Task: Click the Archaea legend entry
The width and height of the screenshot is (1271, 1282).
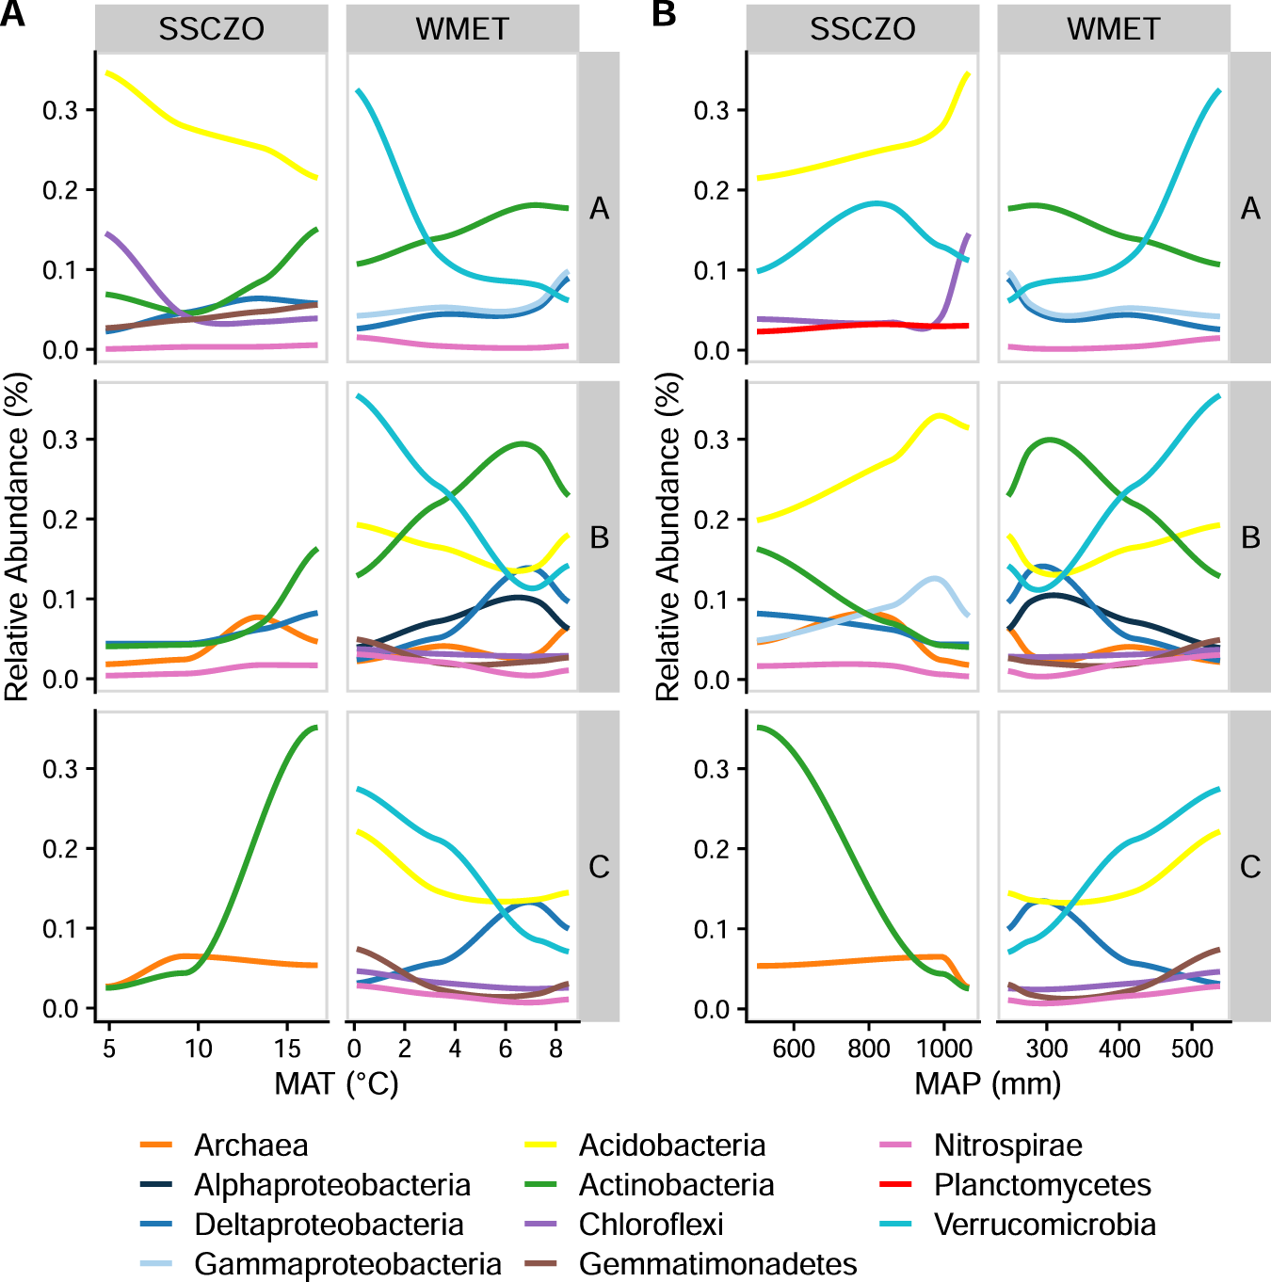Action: coord(250,1146)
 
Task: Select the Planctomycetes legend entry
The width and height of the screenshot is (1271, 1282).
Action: coord(1042,1185)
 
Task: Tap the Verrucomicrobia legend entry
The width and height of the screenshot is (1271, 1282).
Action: coord(1044,1225)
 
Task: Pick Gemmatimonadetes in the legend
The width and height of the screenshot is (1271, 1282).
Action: coord(717,1264)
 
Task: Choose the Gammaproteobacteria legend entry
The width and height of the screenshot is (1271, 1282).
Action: coord(347,1264)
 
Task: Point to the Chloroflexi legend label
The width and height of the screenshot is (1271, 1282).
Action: coord(651,1225)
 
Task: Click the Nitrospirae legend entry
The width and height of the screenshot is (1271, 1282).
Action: coord(1007,1146)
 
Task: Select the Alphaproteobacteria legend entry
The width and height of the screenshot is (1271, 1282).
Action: coord(331,1185)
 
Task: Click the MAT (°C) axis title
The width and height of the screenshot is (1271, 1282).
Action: coord(336,1084)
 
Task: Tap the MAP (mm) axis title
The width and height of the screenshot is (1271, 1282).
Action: coord(988,1084)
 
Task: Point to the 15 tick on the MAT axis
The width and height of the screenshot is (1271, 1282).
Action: coord(287,1049)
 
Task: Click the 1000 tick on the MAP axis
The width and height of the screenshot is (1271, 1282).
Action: coord(944,1049)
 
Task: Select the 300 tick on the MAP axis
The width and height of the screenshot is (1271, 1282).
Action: coord(1046,1049)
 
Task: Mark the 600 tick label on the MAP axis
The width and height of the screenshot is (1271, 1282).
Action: coord(794,1049)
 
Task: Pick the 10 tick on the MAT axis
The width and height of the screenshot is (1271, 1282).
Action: coord(198,1049)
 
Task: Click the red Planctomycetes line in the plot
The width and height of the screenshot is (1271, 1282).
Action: coord(847,326)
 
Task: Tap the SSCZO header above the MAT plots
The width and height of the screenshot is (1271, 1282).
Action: coord(211,29)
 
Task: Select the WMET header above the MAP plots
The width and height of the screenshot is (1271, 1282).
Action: coord(1114,29)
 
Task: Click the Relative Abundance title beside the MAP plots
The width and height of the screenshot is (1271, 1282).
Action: coord(668,537)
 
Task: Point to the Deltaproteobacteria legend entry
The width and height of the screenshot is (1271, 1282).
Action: coord(329,1225)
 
